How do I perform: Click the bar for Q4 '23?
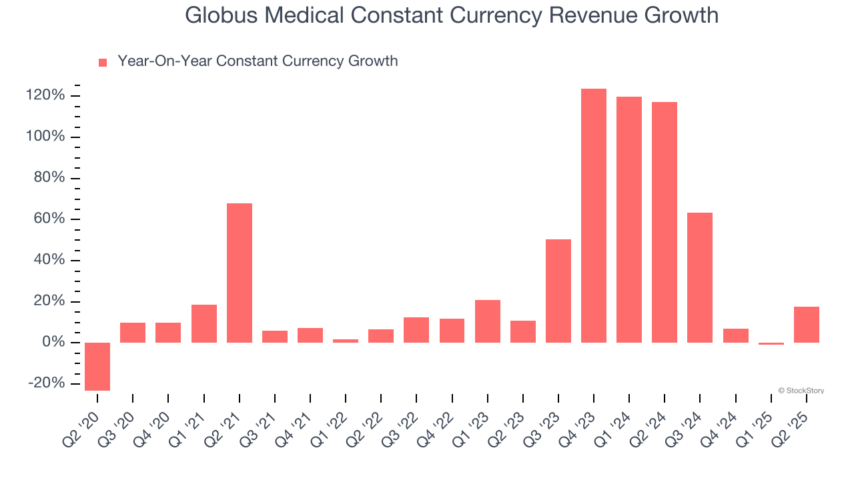pyautogui.click(x=594, y=215)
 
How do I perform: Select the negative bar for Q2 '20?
pyautogui.click(x=97, y=366)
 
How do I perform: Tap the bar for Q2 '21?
pyautogui.click(x=240, y=273)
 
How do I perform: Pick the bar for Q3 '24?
pyautogui.click(x=700, y=277)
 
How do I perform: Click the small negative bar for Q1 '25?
pyautogui.click(x=771, y=343)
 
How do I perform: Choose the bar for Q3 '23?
pyautogui.click(x=558, y=291)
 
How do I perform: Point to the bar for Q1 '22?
pyautogui.click(x=346, y=341)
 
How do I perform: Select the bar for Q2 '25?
pyautogui.click(x=807, y=325)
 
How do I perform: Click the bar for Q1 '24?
pyautogui.click(x=629, y=219)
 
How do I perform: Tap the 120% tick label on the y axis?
pyautogui.click(x=45, y=96)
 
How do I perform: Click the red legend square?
pyautogui.click(x=103, y=62)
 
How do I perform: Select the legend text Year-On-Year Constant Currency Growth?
pyautogui.click(x=258, y=61)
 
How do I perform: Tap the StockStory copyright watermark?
pyautogui.click(x=801, y=391)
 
